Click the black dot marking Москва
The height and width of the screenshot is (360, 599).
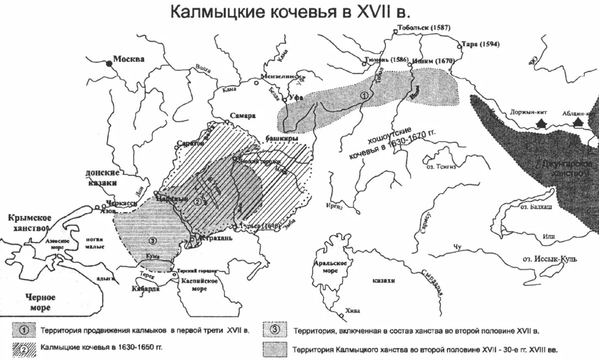point(108,63)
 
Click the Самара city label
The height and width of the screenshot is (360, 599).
point(243,115)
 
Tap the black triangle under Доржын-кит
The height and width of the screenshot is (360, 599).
point(541,123)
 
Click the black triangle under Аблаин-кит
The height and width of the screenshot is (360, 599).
point(579,123)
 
